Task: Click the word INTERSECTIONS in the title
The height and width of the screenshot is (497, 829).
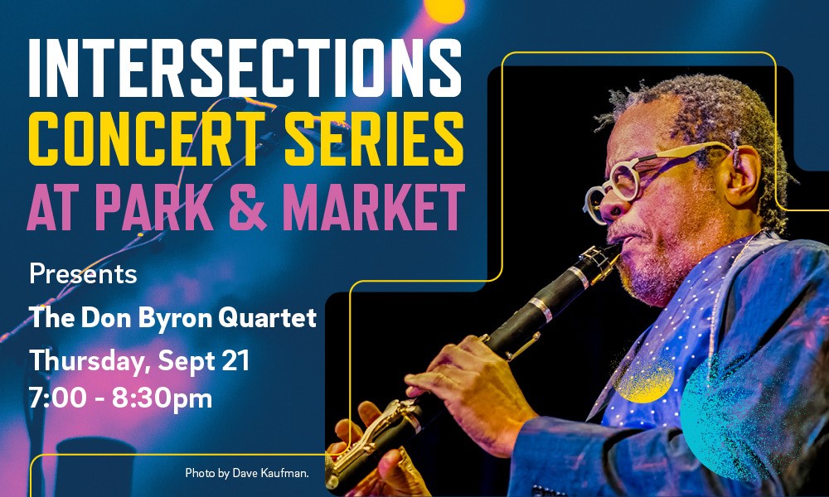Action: (x=245, y=68)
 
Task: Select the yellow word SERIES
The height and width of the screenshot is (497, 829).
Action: (x=374, y=139)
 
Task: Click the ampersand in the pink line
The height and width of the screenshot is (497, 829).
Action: (x=247, y=206)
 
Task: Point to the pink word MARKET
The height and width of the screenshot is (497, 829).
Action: (x=374, y=206)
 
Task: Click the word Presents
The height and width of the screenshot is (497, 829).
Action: (x=83, y=274)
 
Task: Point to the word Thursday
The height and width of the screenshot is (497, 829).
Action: (x=90, y=362)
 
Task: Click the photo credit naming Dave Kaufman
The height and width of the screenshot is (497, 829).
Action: (x=247, y=473)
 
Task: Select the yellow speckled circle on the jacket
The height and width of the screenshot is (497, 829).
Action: (x=644, y=379)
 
